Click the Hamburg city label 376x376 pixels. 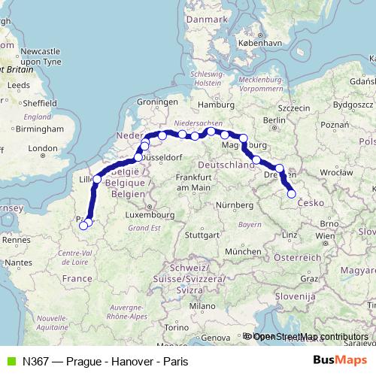tap(218, 105)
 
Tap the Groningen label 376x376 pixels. tap(156, 101)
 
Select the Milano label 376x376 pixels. tap(202, 306)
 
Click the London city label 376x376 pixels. tap(43, 149)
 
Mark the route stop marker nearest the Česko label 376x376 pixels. tap(292, 195)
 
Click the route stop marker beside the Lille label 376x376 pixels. tap(97, 180)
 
